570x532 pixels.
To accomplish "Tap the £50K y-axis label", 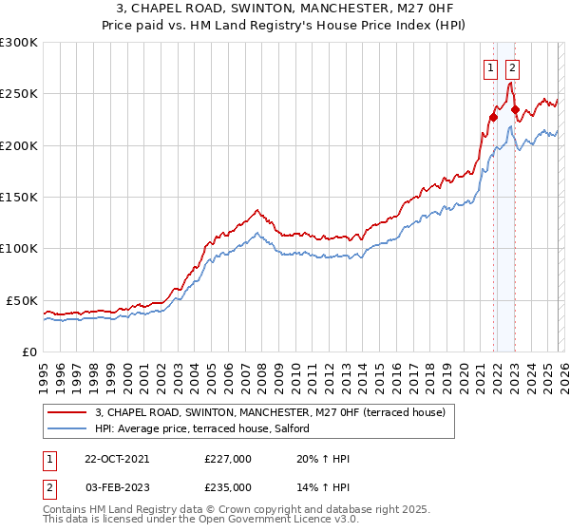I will [22, 300].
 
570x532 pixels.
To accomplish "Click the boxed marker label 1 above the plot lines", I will [491, 67].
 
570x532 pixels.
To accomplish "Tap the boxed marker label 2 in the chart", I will [512, 67].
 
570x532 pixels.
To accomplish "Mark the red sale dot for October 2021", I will [493, 118].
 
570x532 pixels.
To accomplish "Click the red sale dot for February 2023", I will [515, 109].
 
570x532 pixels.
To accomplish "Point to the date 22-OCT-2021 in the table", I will [117, 459].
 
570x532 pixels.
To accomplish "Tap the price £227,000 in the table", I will [228, 459].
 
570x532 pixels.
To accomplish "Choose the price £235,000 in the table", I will [228, 486].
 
